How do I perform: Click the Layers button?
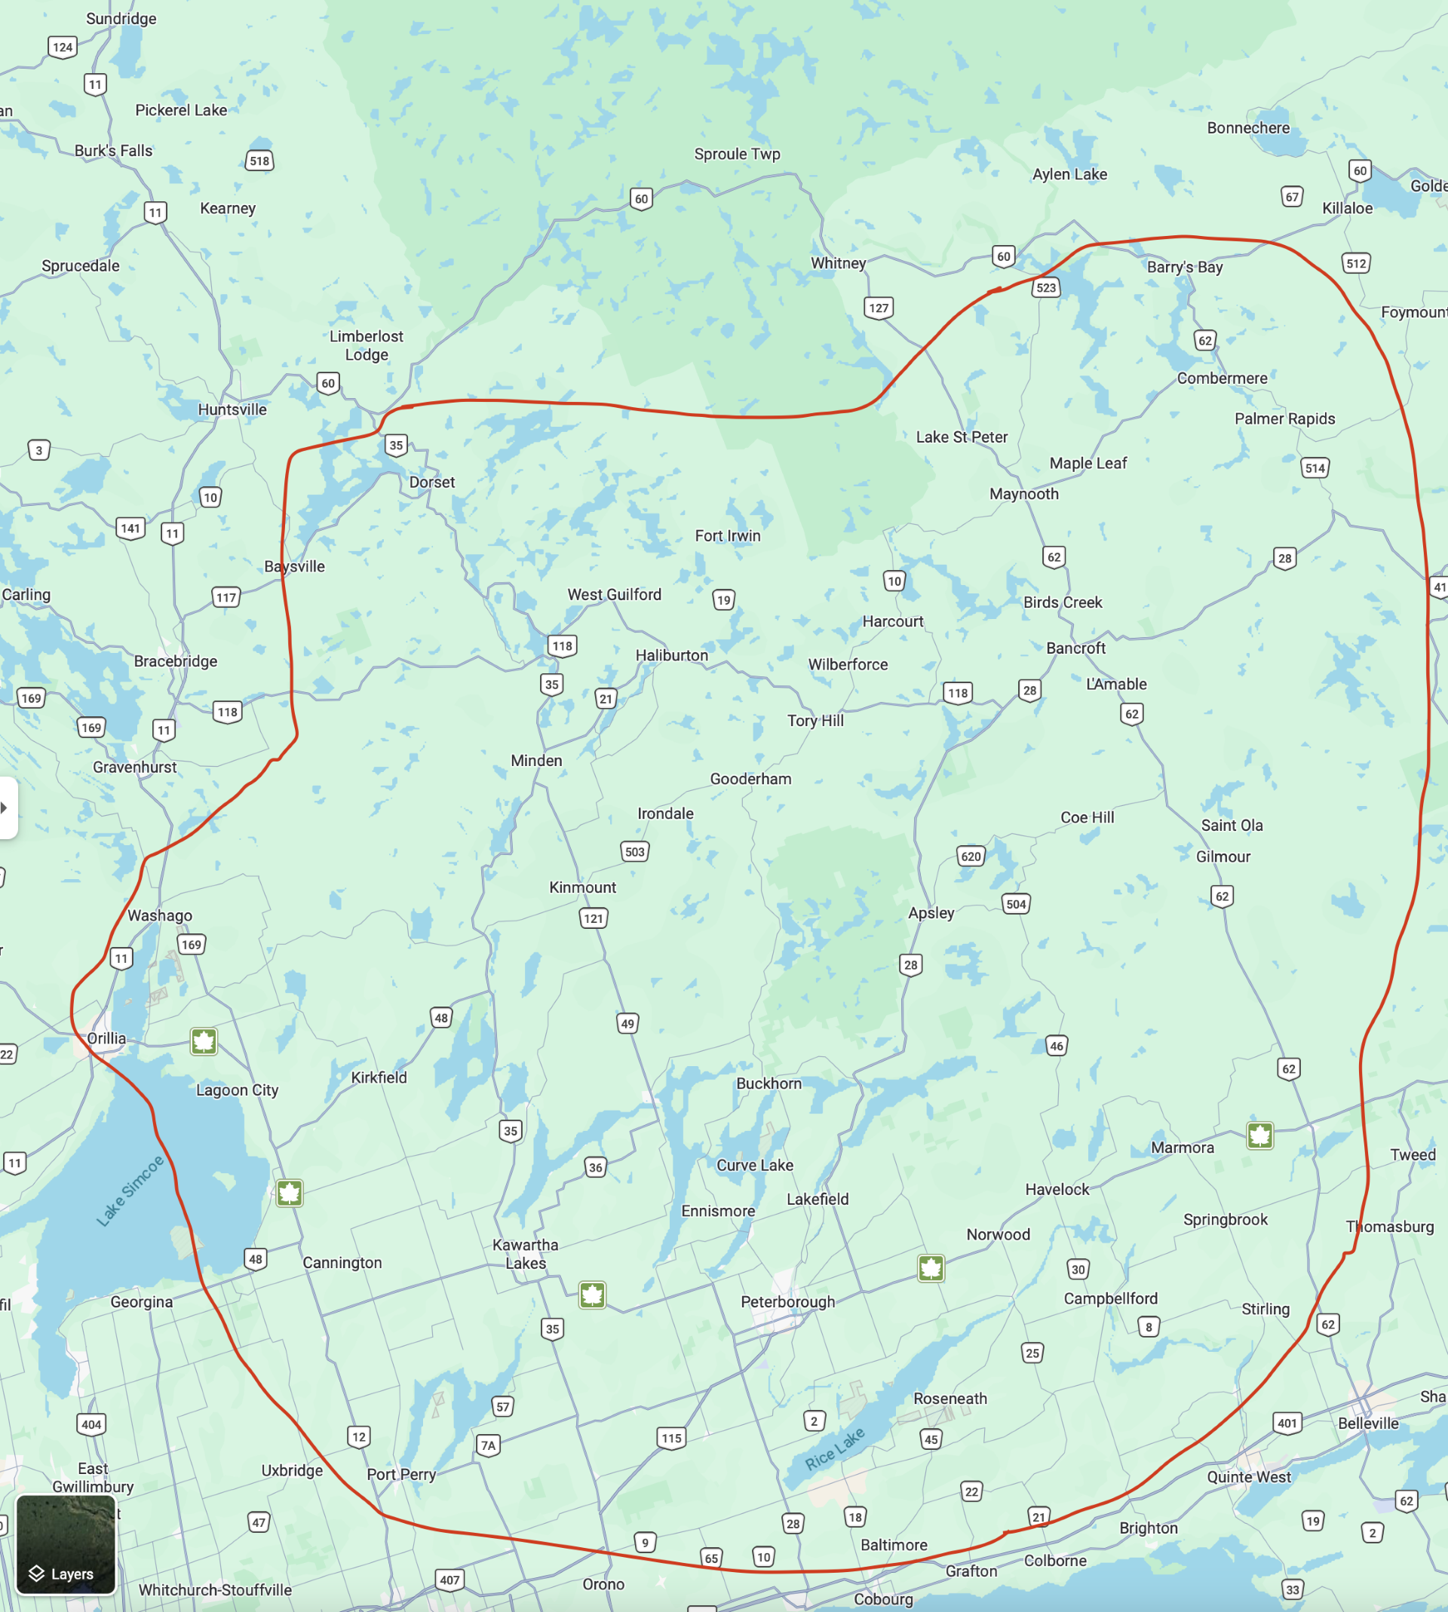[66, 1544]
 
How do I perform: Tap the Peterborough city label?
[787, 1302]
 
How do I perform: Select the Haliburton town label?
[671, 655]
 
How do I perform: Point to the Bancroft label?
[1075, 648]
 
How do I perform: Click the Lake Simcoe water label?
[130, 1191]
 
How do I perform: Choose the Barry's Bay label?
[1185, 267]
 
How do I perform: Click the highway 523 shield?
[1046, 288]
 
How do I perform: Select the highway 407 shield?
[449, 1580]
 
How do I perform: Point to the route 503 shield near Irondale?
[635, 852]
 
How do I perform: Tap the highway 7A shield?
[489, 1445]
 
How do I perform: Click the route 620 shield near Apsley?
[971, 857]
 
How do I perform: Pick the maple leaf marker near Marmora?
[1259, 1135]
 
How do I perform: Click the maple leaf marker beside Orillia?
[204, 1041]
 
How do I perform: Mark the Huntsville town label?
[232, 409]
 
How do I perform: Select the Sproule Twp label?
[737, 155]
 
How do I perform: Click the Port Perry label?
[401, 1475]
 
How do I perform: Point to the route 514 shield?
[1315, 468]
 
